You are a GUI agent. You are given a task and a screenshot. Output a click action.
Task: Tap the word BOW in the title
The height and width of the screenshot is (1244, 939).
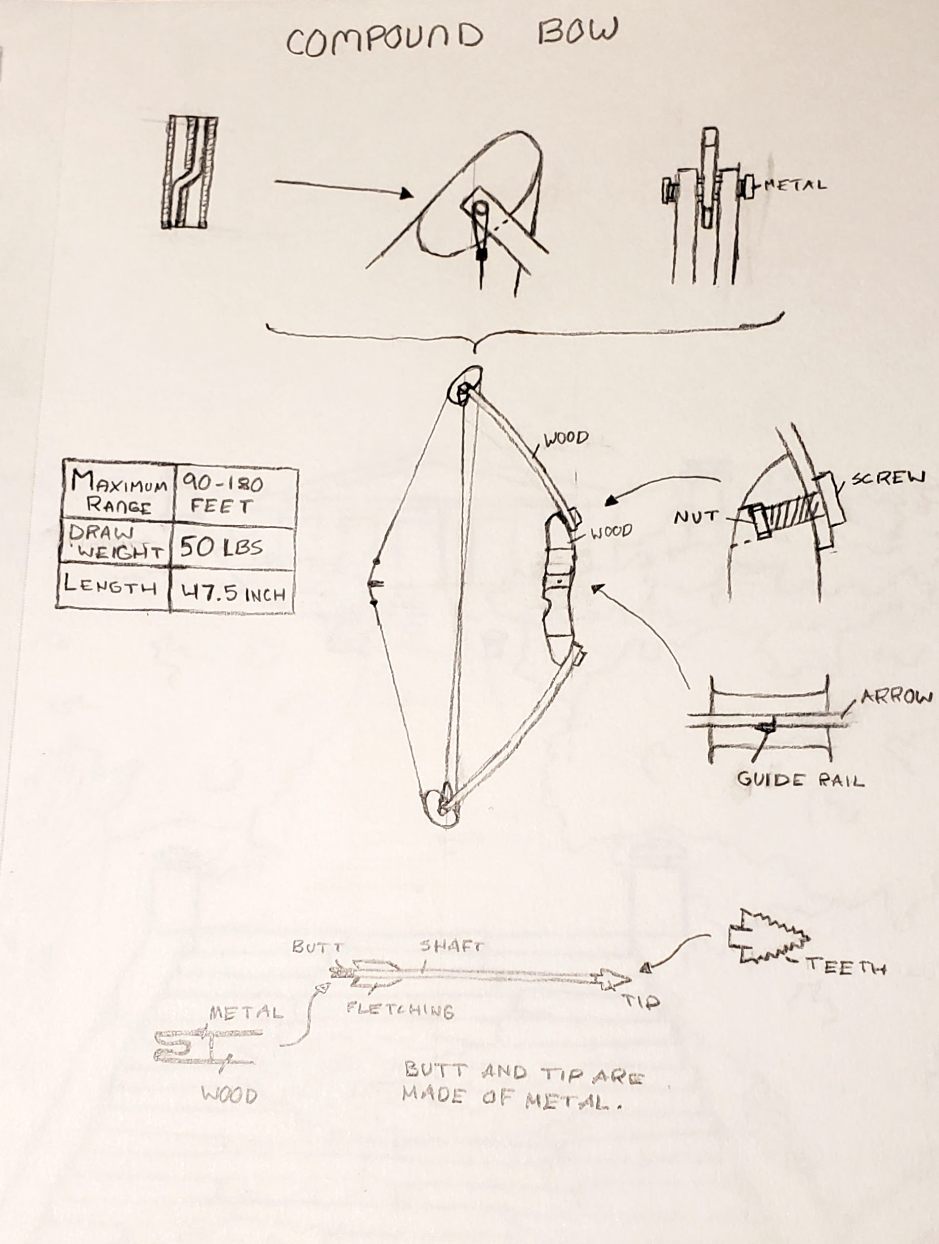[577, 31]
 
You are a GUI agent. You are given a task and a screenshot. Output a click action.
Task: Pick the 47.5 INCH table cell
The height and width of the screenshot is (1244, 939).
[232, 590]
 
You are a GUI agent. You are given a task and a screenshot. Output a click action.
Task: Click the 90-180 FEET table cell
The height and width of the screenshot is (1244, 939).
[235, 494]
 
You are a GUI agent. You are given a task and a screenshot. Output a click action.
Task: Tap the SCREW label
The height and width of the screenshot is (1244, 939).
[887, 479]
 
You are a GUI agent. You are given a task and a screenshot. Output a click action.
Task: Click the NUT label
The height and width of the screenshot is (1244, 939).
[696, 517]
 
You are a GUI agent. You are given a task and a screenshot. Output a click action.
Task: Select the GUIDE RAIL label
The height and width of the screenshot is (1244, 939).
[800, 780]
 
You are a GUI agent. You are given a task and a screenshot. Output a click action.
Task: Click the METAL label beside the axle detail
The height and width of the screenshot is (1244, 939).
[796, 184]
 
